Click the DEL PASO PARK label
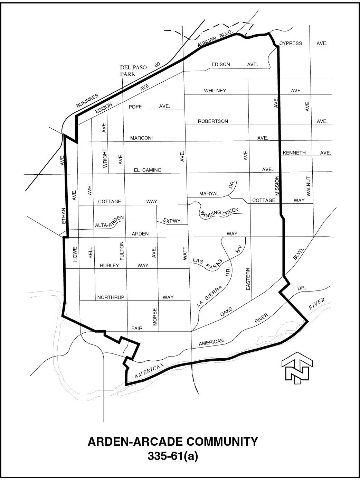tap(133, 71)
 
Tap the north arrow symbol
tap(297, 367)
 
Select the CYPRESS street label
tap(291, 43)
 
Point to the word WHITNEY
tap(215, 91)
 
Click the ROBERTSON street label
tap(213, 121)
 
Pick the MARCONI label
tap(141, 138)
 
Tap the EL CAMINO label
tap(148, 170)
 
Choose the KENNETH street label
tap(294, 153)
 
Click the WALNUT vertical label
tap(309, 186)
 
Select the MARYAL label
tap(209, 194)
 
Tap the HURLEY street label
tap(109, 266)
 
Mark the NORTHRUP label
tap(111, 297)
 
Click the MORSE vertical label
tap(155, 316)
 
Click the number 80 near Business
tap(158, 65)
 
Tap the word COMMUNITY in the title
tap(222, 442)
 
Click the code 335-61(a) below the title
tap(173, 456)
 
